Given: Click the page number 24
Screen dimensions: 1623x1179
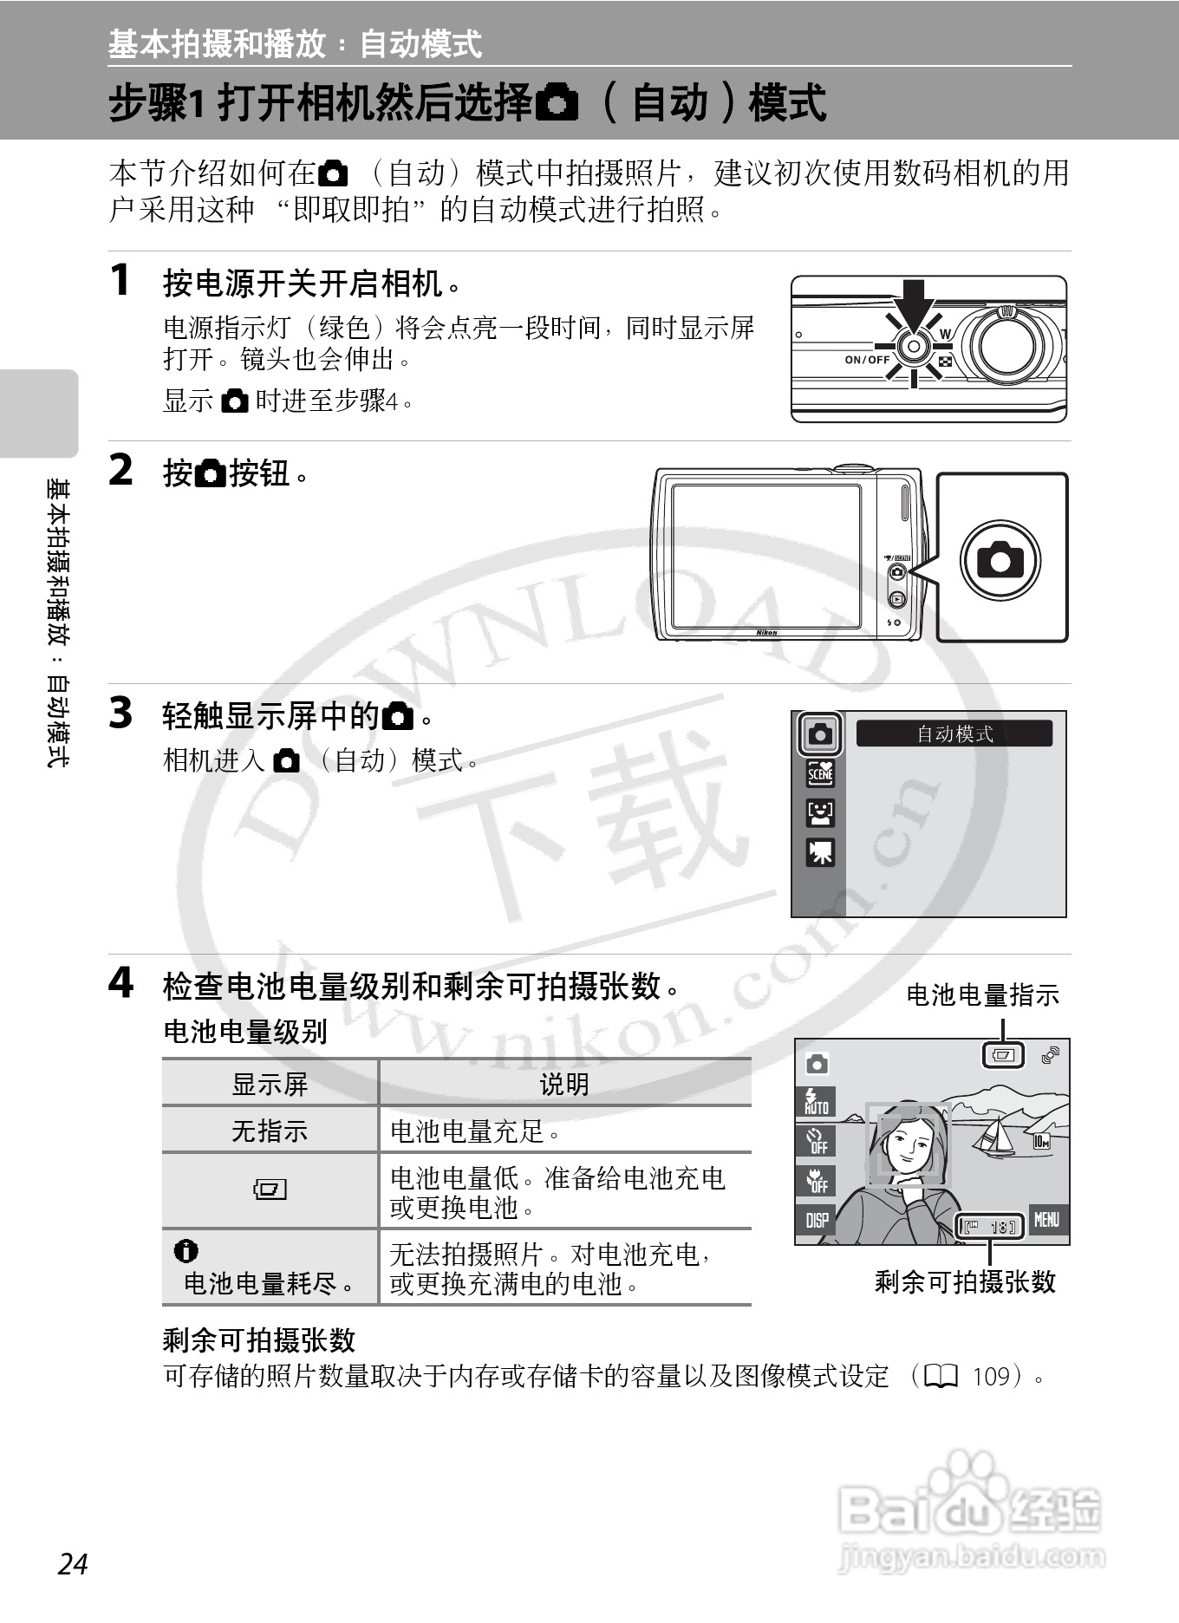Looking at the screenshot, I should pyautogui.click(x=74, y=1562).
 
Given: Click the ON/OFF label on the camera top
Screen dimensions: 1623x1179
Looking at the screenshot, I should pyautogui.click(x=867, y=360).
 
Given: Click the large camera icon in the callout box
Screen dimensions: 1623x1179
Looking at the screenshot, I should pyautogui.click(x=1000, y=560).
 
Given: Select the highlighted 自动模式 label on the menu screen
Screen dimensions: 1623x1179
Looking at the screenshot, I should pyautogui.click(x=954, y=733).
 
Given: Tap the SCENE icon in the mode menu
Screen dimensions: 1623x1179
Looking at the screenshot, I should pyautogui.click(x=820, y=772).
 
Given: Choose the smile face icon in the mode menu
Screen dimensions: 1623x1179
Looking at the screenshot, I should pyautogui.click(x=820, y=812).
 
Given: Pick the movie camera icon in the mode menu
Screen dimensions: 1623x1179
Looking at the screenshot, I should pyautogui.click(x=820, y=852).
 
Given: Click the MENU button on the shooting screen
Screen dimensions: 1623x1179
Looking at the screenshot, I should pyautogui.click(x=1047, y=1220).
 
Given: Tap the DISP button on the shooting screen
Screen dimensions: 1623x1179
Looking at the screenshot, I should pyautogui.click(x=817, y=1220).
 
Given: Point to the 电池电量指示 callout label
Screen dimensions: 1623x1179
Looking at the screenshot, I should pyautogui.click(x=982, y=995).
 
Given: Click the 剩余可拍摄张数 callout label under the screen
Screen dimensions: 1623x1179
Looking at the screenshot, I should pyautogui.click(x=965, y=1281).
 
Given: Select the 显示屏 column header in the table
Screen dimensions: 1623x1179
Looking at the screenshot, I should pyautogui.click(x=270, y=1084).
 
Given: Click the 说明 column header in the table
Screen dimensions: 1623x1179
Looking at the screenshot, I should pyautogui.click(x=564, y=1084).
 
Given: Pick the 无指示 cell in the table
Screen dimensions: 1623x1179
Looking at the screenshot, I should pyautogui.click(x=270, y=1131).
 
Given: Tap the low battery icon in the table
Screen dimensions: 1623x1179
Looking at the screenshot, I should pyautogui.click(x=270, y=1189).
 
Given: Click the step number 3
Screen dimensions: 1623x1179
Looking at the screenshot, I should pyautogui.click(x=121, y=714).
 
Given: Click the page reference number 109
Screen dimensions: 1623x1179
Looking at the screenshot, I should pyautogui.click(x=992, y=1377).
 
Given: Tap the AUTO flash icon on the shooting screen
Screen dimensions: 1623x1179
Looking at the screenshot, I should pyautogui.click(x=817, y=1101).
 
